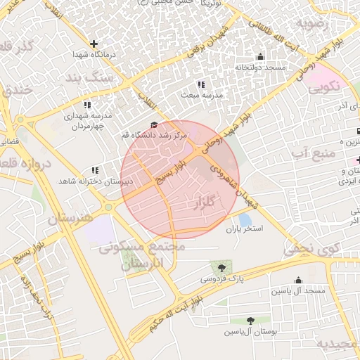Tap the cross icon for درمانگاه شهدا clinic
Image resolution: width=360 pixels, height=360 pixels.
(x=94, y=44)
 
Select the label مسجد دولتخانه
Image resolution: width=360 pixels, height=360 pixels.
(x=260, y=67)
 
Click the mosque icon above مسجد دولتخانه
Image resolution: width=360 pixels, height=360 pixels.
(x=260, y=57)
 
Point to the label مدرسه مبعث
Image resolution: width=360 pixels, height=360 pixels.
(x=202, y=94)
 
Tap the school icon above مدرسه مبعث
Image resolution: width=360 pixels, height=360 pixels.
(x=202, y=84)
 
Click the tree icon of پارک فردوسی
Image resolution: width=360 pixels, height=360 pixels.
(x=222, y=268)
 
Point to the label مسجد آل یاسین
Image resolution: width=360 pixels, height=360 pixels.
(x=298, y=290)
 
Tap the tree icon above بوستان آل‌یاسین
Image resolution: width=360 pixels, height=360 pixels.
(x=250, y=321)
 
